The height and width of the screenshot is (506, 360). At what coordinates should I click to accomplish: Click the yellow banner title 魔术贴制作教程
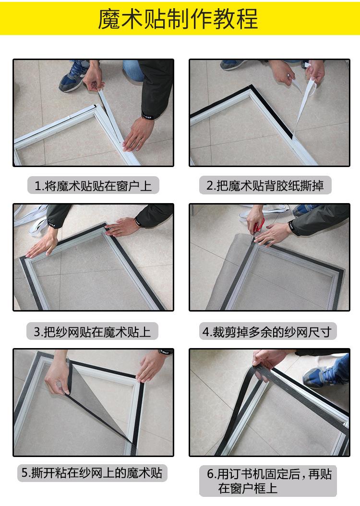coord(178,19)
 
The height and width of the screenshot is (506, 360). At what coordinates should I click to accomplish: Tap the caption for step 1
coord(93,186)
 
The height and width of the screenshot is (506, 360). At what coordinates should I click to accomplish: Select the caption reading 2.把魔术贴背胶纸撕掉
coord(265,185)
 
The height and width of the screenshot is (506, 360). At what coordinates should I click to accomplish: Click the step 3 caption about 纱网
coord(92,331)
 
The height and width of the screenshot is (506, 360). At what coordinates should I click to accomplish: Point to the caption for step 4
coord(267,331)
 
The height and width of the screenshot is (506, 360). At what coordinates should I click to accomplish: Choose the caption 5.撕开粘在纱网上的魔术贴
coord(92,473)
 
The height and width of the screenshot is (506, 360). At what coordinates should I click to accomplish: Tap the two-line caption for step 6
coord(269,481)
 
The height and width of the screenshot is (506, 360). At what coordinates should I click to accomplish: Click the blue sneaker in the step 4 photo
coord(305,210)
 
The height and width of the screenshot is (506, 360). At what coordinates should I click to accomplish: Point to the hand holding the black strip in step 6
coord(268,361)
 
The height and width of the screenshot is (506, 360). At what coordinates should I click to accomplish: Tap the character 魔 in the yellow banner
coord(108,19)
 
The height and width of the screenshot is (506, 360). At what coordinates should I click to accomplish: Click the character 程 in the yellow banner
coord(247,19)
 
